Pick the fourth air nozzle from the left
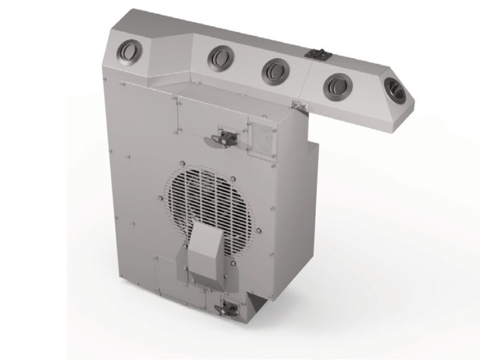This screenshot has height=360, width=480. click(x=336, y=83)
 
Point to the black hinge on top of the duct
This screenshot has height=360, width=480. click(x=318, y=54)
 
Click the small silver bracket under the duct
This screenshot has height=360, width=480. click(x=298, y=105)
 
